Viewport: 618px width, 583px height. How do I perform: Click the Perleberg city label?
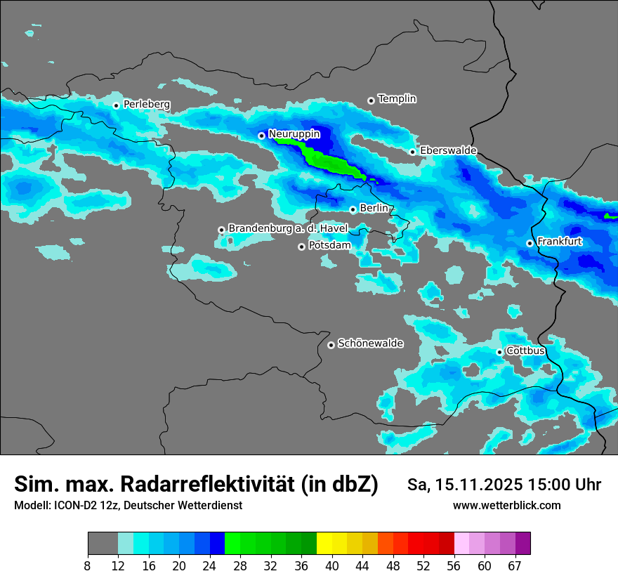coord(146,105)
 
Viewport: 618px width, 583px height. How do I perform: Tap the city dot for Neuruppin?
coord(261,136)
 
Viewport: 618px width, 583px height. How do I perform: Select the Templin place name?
coord(397,99)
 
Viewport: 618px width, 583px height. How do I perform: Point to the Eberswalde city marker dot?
coord(412,152)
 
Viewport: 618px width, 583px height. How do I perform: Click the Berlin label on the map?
coord(374,209)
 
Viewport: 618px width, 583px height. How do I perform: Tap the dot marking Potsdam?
coord(301,247)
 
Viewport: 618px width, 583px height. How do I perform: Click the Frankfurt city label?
coord(559,242)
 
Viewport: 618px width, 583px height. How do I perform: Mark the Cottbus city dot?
coord(499,352)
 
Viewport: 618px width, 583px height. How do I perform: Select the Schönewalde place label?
coord(370,343)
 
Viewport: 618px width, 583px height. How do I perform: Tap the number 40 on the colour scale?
coord(332,565)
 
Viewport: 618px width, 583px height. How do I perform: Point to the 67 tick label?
coord(515,565)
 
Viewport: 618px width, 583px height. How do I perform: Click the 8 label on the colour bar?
coord(88,565)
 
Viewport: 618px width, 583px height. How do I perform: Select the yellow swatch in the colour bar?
coord(324,544)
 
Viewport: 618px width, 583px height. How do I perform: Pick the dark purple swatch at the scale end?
coord(522,544)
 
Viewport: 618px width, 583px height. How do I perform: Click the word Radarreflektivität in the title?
coord(210,484)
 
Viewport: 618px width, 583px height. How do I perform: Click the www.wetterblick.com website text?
coord(506,506)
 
